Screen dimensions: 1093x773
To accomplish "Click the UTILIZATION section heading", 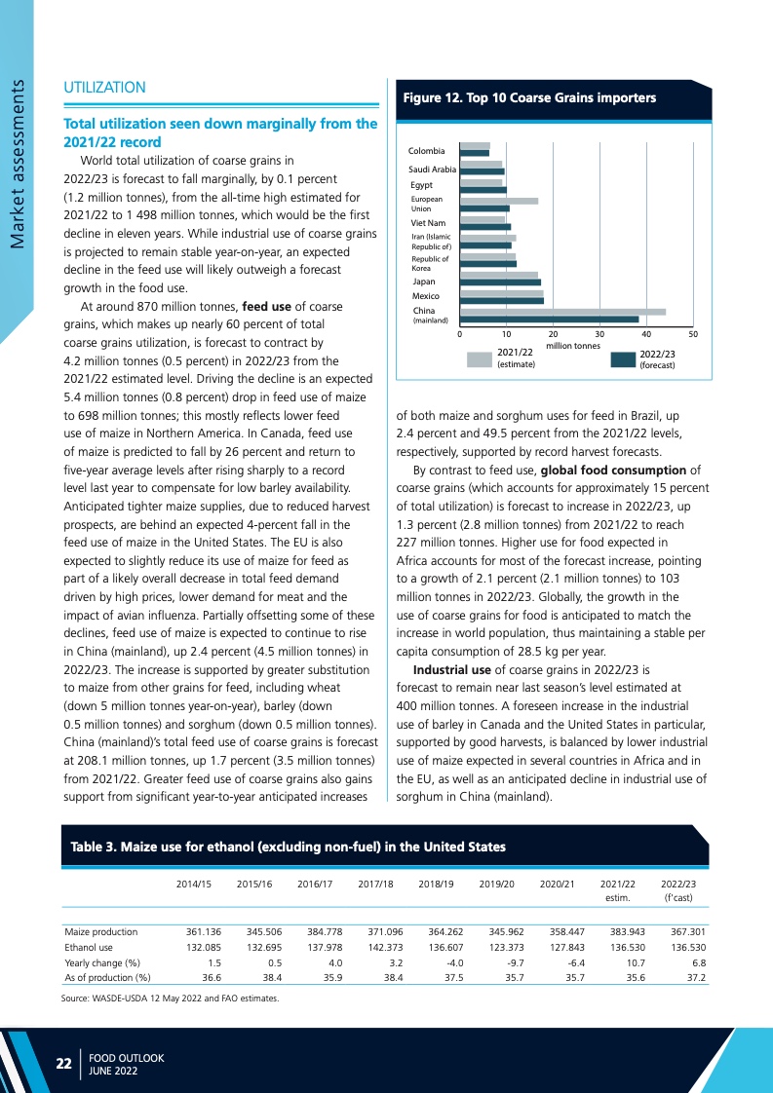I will [x=104, y=88].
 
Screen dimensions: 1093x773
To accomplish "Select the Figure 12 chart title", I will [x=529, y=97].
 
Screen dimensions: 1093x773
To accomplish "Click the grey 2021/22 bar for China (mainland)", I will [x=562, y=312].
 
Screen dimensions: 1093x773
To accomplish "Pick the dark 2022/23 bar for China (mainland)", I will [x=549, y=320].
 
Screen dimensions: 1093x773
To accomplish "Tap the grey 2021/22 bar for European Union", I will [x=498, y=201].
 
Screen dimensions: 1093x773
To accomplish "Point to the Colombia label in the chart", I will [x=427, y=151].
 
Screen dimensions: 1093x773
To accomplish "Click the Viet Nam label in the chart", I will [x=428, y=223].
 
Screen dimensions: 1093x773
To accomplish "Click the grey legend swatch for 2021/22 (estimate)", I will [x=480, y=359].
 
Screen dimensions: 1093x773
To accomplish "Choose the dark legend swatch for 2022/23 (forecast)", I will [x=623, y=359].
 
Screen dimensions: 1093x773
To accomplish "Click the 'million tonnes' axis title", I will [x=573, y=345].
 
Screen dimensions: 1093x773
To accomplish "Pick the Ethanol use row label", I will [x=89, y=946].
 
